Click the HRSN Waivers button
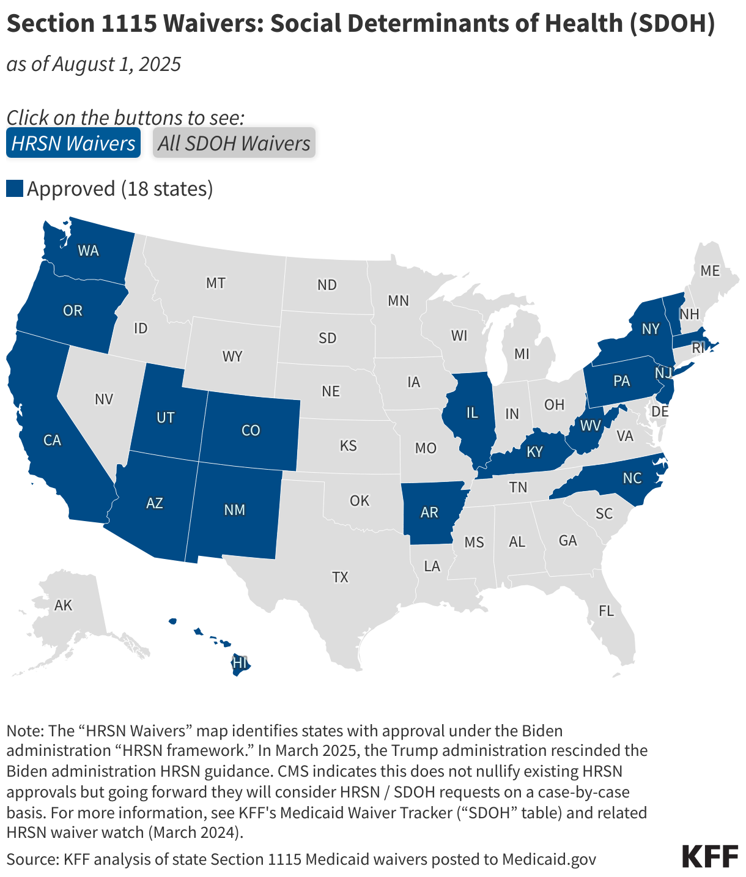click(x=73, y=143)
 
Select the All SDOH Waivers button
click(x=234, y=143)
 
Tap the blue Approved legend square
click(x=15, y=188)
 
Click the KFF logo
click(x=710, y=856)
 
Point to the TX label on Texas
click(x=340, y=577)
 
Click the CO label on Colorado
click(x=251, y=431)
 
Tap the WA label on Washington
click(x=88, y=251)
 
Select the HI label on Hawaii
click(x=240, y=662)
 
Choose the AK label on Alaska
click(x=63, y=605)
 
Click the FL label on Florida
click(x=606, y=611)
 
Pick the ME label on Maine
click(x=710, y=270)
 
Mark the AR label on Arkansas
click(x=429, y=513)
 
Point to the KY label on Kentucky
click(x=534, y=452)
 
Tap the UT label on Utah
click(x=165, y=418)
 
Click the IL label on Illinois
click(x=471, y=413)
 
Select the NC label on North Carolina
click(x=632, y=478)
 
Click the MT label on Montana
click(x=215, y=283)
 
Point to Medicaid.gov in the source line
click(x=548, y=859)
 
